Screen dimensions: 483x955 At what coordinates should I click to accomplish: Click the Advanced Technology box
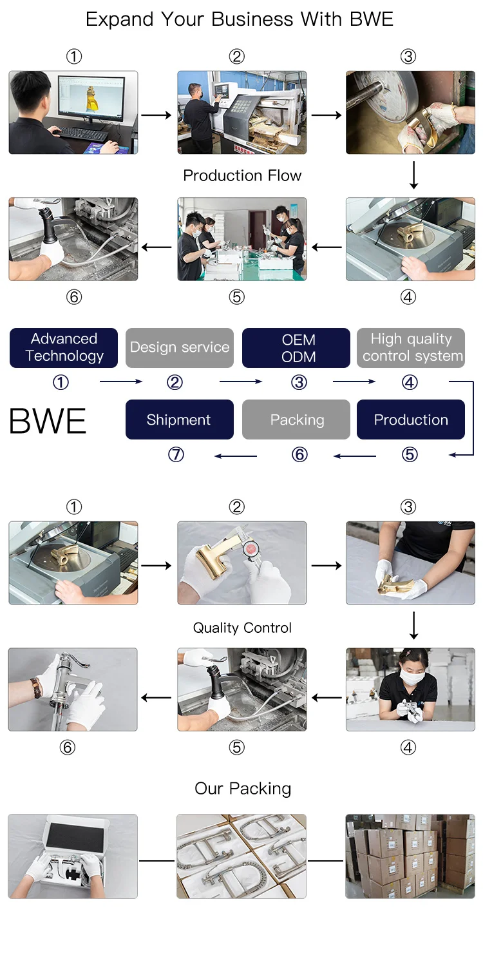(64, 347)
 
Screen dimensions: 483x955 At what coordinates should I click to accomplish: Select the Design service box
(179, 347)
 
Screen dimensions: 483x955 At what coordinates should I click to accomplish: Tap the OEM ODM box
(296, 347)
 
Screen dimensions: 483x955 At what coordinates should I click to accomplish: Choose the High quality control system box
(411, 347)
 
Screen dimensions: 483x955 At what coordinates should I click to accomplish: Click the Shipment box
(179, 420)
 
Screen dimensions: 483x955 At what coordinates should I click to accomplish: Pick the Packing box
(296, 420)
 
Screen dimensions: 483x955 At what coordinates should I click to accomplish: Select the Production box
(411, 420)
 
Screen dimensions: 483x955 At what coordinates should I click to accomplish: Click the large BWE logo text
(48, 421)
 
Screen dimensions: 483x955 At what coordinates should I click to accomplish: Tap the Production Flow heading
(242, 175)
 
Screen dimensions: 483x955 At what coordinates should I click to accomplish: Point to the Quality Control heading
(242, 628)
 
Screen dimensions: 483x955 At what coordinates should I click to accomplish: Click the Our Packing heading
(243, 789)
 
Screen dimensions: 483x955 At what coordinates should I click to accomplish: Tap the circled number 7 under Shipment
(176, 454)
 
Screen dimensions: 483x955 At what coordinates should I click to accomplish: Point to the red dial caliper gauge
(251, 549)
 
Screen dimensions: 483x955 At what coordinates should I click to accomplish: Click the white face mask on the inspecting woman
(412, 677)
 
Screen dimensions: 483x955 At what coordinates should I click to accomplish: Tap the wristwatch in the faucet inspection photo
(36, 688)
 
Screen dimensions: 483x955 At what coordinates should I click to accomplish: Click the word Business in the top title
(252, 19)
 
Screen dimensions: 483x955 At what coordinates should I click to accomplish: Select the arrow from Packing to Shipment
(236, 456)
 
